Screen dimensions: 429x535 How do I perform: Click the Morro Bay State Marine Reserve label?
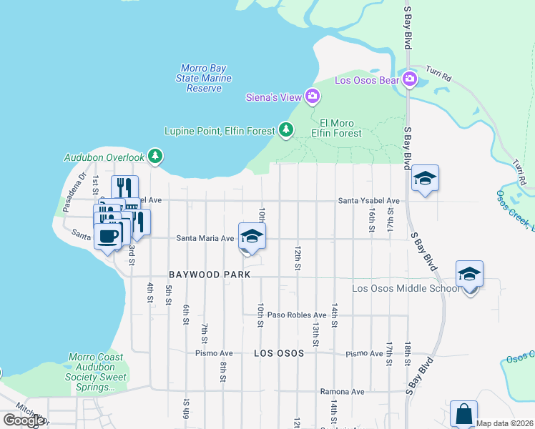point(204,78)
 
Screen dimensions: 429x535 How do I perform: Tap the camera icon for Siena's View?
point(312,96)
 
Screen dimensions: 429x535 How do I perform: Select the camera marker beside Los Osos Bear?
point(409,79)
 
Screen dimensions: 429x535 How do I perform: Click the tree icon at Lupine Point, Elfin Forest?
point(286,129)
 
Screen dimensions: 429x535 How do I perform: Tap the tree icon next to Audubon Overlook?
point(155,157)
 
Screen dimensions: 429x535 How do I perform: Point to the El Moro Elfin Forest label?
point(336,127)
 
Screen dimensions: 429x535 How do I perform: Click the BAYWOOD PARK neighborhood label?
point(210,275)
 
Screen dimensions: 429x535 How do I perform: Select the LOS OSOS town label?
point(279,353)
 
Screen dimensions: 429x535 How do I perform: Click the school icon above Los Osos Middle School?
point(469,275)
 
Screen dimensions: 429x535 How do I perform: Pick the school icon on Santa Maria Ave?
point(252,236)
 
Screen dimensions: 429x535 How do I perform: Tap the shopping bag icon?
point(463,413)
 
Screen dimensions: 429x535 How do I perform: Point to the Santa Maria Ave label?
point(205,238)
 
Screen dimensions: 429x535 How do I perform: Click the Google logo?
point(23,420)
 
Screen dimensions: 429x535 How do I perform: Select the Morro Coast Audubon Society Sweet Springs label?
point(96,372)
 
